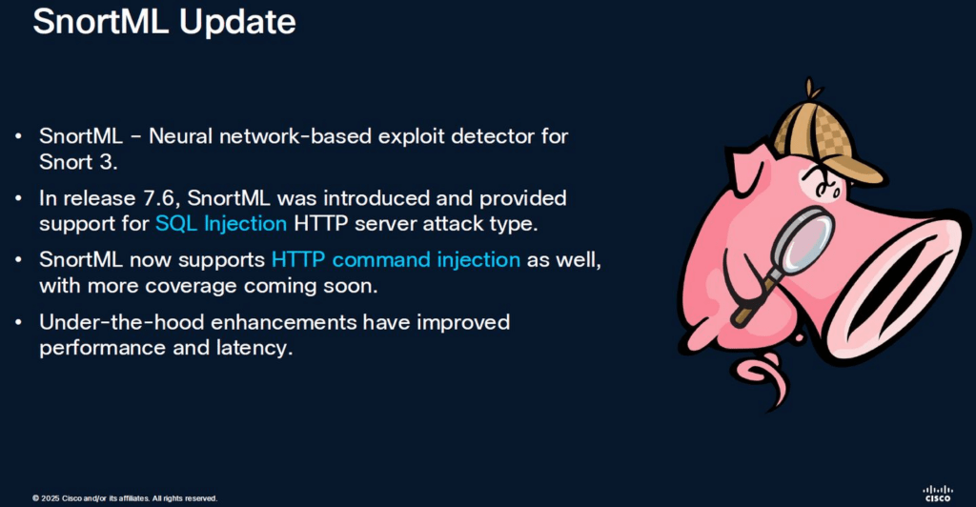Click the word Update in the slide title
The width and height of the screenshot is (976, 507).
237,23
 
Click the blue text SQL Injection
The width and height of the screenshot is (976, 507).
221,223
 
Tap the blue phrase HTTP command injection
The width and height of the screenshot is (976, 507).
396,260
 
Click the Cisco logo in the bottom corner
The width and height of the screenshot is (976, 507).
938,494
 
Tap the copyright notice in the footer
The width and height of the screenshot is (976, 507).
125,498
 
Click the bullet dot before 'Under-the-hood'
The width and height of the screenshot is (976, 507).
19,322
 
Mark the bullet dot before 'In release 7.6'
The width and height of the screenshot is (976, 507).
19,198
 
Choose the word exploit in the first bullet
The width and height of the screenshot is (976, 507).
411,137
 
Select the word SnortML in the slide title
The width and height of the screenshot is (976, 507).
101,22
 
